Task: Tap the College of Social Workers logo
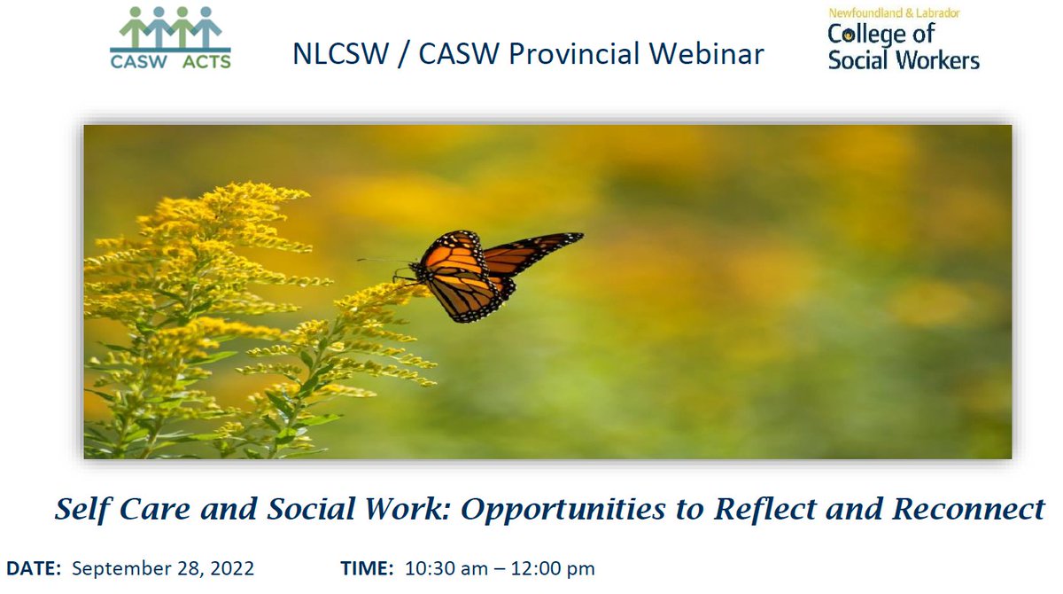pos(903,40)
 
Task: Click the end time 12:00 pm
pos(554,567)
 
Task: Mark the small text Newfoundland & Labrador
pos(894,13)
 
